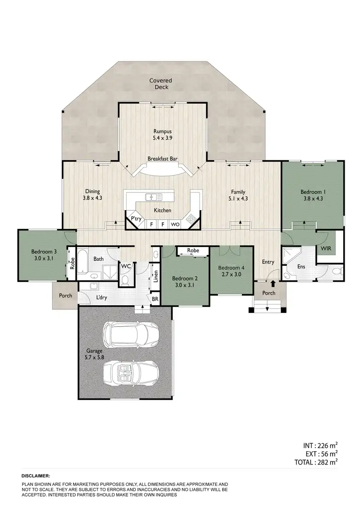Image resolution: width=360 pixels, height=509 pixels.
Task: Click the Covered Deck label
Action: click(160, 84)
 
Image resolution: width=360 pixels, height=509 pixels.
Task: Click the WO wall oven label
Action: click(175, 224)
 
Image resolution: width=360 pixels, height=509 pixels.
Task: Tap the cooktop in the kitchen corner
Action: click(191, 219)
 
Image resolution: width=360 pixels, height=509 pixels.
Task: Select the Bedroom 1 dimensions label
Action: click(312, 195)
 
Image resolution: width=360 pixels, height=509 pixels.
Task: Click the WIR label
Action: click(325, 249)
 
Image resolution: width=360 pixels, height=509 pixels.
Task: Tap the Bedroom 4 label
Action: click(231, 271)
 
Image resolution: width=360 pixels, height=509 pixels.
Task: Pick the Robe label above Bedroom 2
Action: click(193, 250)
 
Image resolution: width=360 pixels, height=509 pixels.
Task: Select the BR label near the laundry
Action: click(155, 298)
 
